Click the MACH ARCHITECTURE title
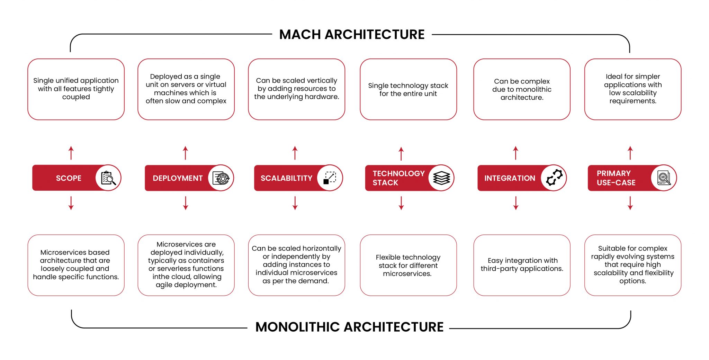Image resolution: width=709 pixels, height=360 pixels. pyautogui.click(x=352, y=35)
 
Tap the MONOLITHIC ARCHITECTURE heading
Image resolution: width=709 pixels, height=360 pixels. pyautogui.click(x=349, y=327)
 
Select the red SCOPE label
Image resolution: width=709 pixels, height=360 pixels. pyautogui.click(x=69, y=178)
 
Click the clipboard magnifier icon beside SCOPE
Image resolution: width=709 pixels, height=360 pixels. pyautogui.click(x=108, y=178)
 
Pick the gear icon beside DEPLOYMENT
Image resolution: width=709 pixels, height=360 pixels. pyautogui.click(x=221, y=178)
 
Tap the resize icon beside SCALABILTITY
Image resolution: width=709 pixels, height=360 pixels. pyautogui.click(x=330, y=178)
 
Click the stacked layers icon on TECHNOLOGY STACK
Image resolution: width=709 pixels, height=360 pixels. pyautogui.click(x=441, y=178)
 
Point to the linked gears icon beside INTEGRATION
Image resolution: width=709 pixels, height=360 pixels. pyautogui.click(x=554, y=178)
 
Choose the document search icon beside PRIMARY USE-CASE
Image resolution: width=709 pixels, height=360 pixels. pyautogui.click(x=664, y=178)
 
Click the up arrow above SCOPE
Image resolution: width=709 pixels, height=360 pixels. pyautogui.click(x=71, y=153)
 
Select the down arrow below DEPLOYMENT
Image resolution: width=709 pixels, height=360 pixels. pyautogui.click(x=186, y=203)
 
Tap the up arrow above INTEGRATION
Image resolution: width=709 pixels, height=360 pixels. pyautogui.click(x=516, y=153)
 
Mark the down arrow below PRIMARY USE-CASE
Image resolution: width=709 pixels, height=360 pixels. pyautogui.click(x=630, y=203)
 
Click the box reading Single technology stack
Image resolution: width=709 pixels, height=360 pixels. pyautogui.click(x=408, y=89)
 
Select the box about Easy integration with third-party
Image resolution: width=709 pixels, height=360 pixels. pyautogui.click(x=522, y=265)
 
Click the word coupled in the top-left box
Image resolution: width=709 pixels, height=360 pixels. pyautogui.click(x=76, y=97)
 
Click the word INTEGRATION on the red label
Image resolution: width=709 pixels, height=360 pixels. pyautogui.click(x=510, y=178)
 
